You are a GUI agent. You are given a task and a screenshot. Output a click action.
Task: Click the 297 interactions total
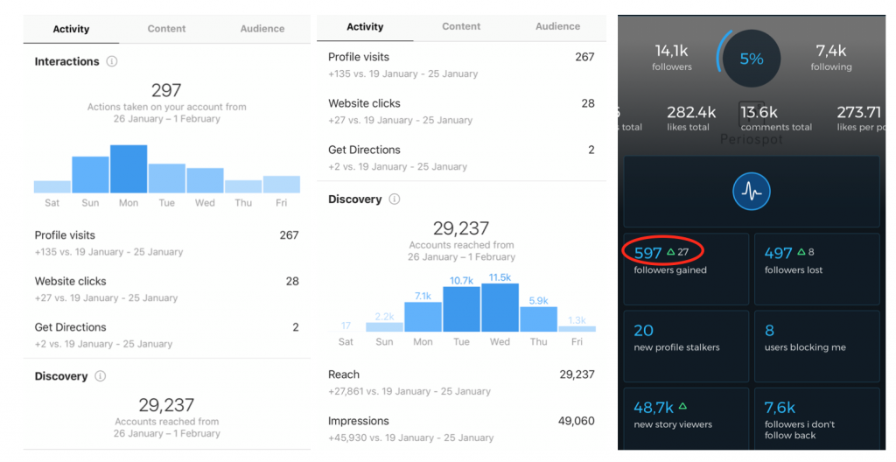click(166, 90)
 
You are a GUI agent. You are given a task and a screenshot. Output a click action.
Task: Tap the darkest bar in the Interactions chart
click(129, 169)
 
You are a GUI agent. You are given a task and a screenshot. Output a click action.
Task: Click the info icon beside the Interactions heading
click(111, 62)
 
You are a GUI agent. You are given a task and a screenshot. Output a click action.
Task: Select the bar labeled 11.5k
click(500, 307)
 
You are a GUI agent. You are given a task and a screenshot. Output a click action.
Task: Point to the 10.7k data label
click(461, 280)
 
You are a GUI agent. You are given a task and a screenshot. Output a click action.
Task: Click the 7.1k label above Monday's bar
click(423, 296)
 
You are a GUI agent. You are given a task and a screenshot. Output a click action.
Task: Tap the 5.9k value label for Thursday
click(538, 300)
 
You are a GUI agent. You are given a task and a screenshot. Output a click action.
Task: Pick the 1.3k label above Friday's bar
click(577, 320)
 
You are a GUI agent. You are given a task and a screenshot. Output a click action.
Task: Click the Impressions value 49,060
click(576, 421)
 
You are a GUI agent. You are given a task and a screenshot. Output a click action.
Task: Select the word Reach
click(344, 374)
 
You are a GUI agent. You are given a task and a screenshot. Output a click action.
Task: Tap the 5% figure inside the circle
click(752, 59)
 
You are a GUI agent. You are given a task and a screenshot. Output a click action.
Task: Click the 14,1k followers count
click(672, 51)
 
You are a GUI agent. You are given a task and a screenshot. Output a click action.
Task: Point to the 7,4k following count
click(830, 51)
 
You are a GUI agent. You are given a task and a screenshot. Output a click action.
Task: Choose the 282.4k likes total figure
click(691, 112)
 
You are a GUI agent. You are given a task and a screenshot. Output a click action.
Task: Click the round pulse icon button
click(752, 191)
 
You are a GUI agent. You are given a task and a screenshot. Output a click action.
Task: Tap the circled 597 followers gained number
click(648, 253)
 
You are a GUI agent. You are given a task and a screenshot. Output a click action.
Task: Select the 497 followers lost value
click(778, 253)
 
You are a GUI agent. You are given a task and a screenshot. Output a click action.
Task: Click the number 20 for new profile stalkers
click(644, 330)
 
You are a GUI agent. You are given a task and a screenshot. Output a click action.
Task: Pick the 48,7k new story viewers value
click(654, 407)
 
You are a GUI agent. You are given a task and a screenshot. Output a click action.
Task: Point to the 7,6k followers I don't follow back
click(780, 407)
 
